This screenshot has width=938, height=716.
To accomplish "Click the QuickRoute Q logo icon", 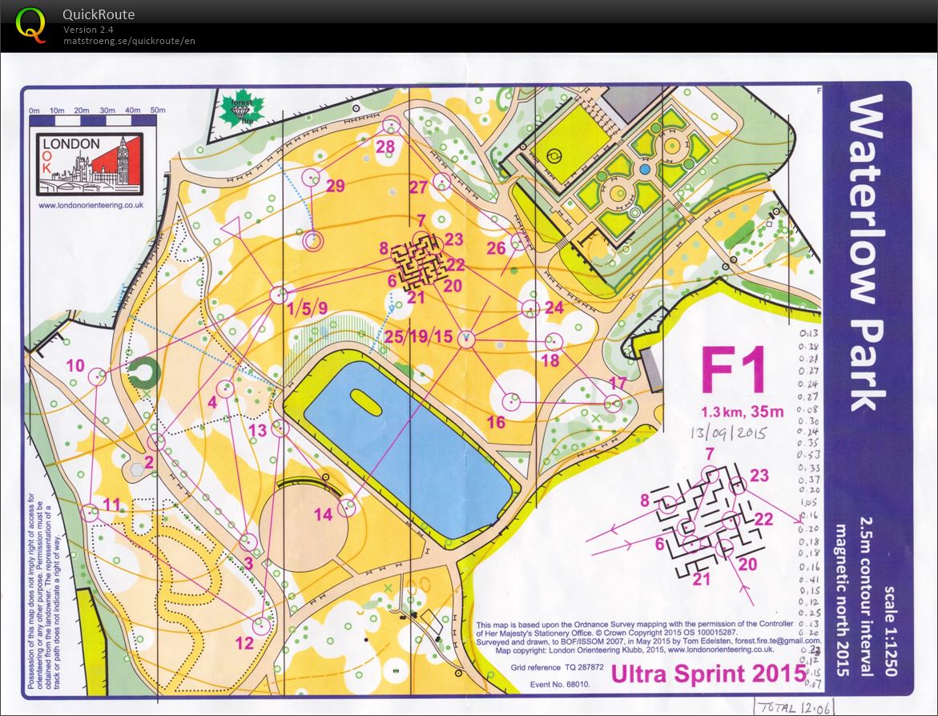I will point(31,24).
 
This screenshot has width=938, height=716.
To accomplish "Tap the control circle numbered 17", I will point(614,403).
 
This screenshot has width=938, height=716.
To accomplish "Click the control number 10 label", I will point(75,365).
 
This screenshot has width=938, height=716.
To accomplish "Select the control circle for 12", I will point(260,625).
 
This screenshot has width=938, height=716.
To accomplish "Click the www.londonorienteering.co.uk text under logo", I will point(91,205).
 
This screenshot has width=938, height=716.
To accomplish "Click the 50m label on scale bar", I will point(158,110).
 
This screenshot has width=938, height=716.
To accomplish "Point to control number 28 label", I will point(385,146).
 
